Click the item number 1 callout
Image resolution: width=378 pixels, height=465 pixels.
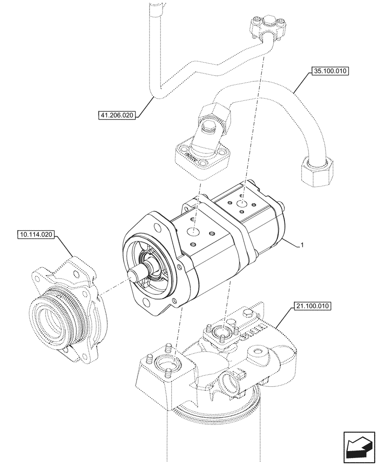(303, 245)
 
